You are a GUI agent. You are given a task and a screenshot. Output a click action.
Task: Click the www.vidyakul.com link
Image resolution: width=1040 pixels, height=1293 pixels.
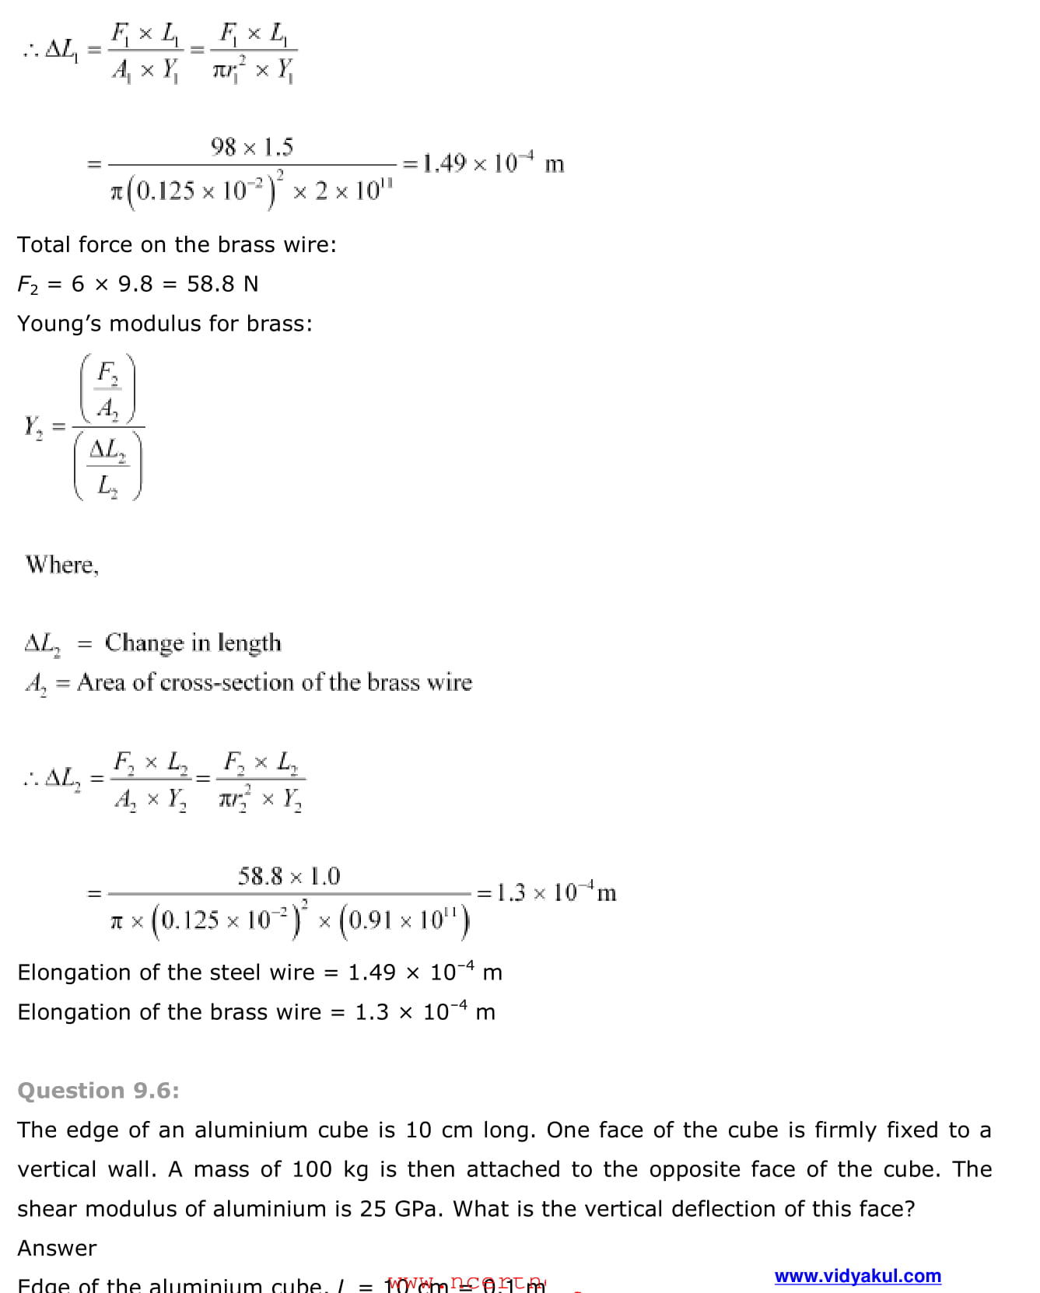(x=857, y=1276)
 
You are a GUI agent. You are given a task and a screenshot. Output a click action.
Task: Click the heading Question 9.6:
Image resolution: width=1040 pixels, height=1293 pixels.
(x=98, y=1090)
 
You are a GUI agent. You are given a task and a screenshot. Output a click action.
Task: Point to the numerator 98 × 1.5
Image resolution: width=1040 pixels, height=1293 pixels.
(x=251, y=146)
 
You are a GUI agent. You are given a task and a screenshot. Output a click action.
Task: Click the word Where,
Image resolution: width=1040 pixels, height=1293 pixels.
(x=61, y=564)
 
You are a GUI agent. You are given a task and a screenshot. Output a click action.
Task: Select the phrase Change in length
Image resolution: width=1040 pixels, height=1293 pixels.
(x=193, y=643)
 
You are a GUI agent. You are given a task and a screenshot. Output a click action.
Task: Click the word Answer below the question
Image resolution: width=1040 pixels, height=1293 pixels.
(x=57, y=1248)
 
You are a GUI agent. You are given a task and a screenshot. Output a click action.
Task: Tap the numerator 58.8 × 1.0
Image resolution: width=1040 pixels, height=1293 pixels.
(x=289, y=876)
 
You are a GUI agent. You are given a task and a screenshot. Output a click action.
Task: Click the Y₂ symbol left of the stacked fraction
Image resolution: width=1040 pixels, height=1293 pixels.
(x=33, y=427)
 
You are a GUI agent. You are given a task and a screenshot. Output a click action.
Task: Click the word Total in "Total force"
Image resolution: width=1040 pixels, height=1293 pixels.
(x=44, y=244)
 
